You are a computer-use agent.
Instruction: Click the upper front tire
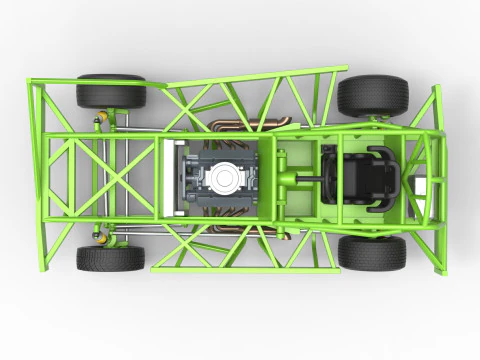click(110, 92)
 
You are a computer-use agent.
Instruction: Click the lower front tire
click(110, 258)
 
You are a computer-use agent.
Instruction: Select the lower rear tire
click(371, 252)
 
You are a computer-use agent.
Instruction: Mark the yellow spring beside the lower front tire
click(100, 236)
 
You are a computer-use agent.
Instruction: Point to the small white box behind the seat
click(425, 186)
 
